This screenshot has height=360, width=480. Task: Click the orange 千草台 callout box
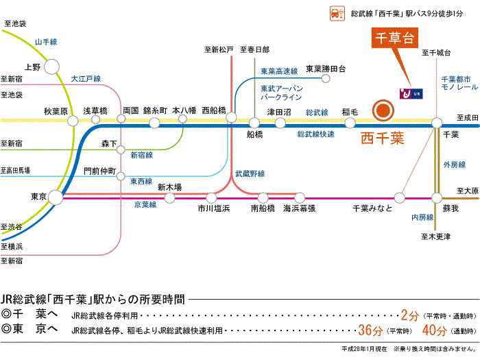[x=394, y=38]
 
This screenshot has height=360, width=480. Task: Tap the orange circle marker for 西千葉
[x=383, y=110]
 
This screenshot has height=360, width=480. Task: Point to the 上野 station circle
[x=52, y=67]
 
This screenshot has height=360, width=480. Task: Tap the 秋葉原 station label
[x=56, y=111]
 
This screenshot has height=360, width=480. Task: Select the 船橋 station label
[x=255, y=134]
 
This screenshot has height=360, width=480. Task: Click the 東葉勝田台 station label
[x=326, y=69]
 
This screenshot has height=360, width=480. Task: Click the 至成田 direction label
[x=467, y=117]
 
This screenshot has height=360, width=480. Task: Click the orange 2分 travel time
[x=409, y=315]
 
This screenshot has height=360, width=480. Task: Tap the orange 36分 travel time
[x=370, y=330]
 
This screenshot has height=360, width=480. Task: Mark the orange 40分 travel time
[x=435, y=330]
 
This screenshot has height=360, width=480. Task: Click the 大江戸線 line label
[x=86, y=80]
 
